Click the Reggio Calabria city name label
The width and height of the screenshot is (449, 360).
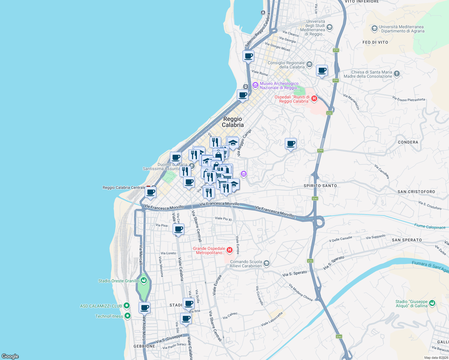[x=233, y=122]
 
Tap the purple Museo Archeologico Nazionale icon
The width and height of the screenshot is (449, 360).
[x=255, y=85]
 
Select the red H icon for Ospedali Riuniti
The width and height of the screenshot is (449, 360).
[x=314, y=98]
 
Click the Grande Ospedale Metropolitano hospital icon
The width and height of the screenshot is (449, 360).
[x=230, y=250]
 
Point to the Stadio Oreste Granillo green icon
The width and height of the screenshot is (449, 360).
[x=144, y=280]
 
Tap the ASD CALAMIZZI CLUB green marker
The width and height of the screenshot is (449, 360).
[x=127, y=306]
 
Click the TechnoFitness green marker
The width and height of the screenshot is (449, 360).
[x=128, y=316]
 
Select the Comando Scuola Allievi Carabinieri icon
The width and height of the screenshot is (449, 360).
[x=267, y=263]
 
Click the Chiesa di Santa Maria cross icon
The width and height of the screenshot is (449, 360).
[x=397, y=74]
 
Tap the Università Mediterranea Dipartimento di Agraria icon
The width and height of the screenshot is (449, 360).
[x=374, y=28]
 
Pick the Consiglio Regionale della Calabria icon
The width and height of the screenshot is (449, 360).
[x=309, y=64]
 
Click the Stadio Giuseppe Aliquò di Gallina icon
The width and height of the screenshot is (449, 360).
[x=432, y=303]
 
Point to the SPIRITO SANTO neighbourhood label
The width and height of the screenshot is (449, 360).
[x=320, y=186]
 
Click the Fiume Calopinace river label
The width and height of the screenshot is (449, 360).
[x=430, y=226]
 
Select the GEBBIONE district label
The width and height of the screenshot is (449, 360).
[x=144, y=346]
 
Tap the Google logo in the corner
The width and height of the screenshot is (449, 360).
[x=10, y=356]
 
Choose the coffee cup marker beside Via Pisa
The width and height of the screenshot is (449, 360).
[x=179, y=229]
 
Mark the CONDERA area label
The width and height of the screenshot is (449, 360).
[x=408, y=142]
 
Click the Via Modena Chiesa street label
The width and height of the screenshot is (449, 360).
[x=300, y=292]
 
